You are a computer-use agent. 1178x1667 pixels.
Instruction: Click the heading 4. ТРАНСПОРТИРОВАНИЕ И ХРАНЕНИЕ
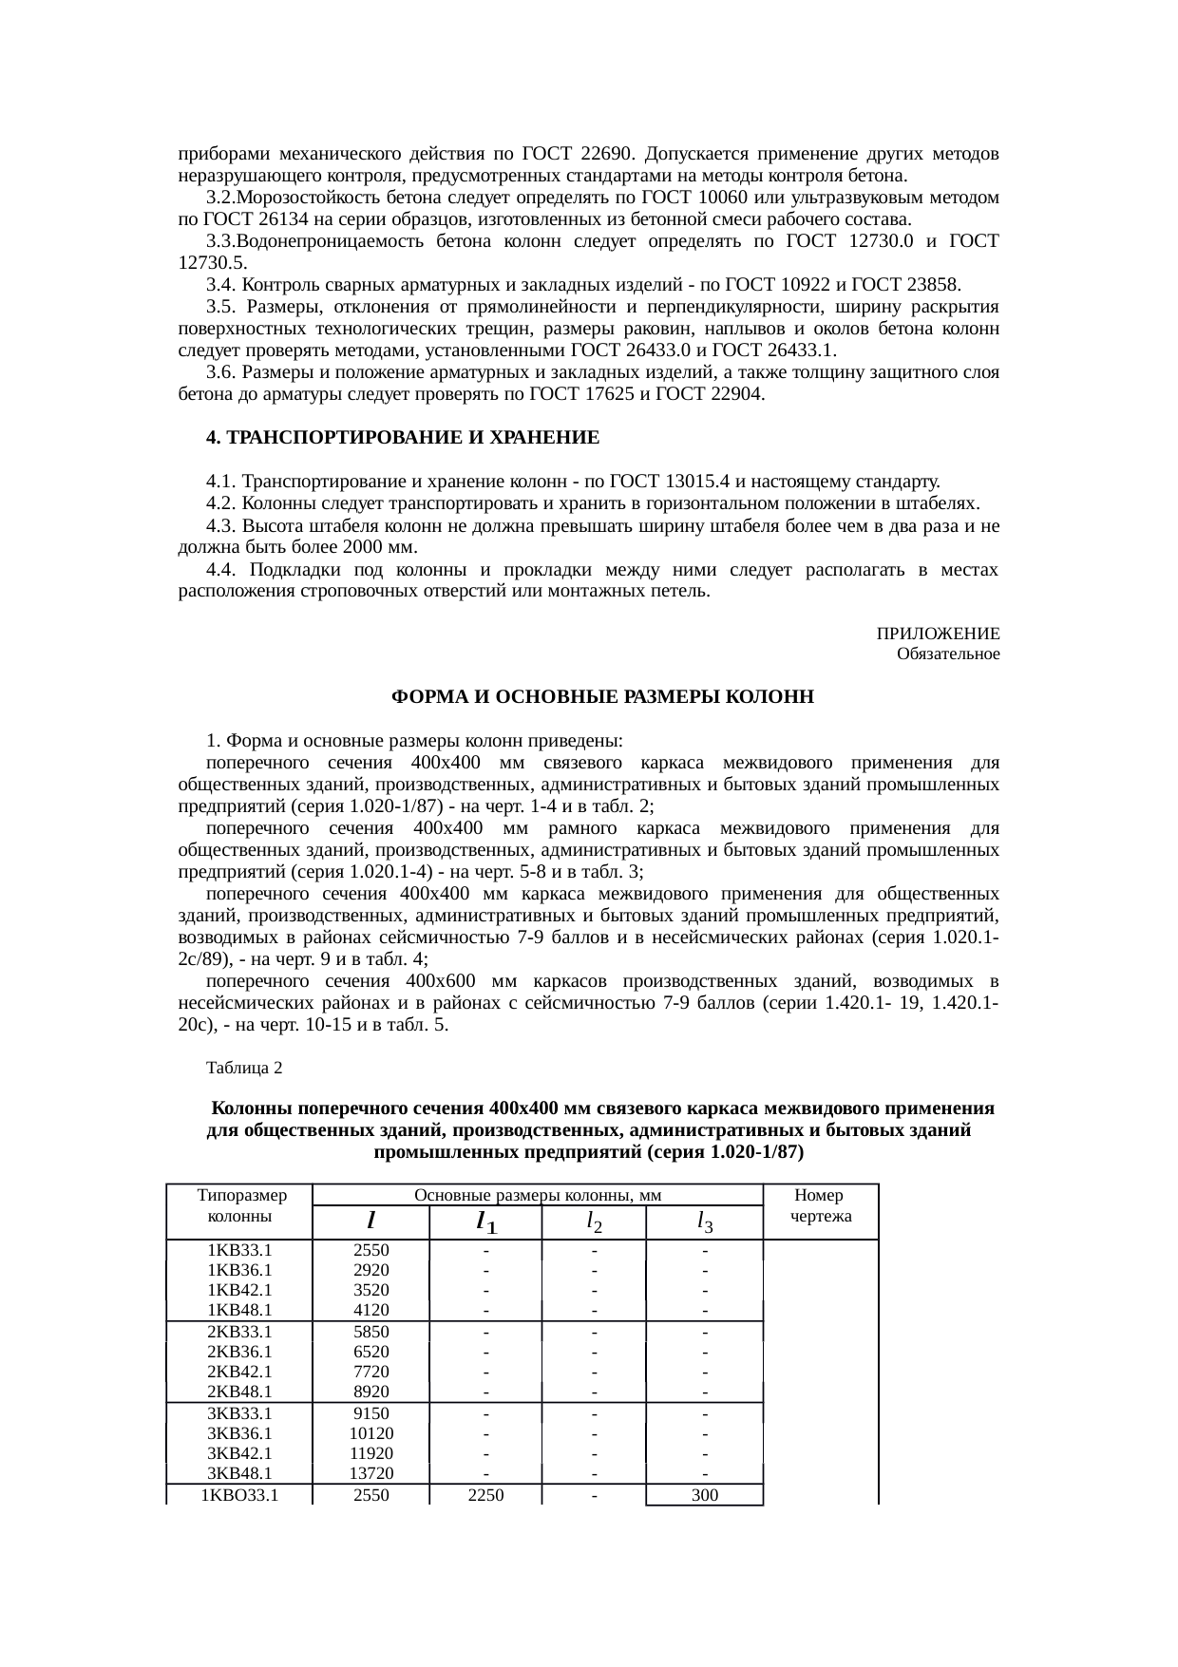(x=403, y=438)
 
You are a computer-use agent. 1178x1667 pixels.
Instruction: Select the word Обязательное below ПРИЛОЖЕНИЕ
(x=947, y=654)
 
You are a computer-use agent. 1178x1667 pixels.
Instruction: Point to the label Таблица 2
(x=244, y=1068)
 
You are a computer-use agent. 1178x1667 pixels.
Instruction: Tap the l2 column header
(x=593, y=1221)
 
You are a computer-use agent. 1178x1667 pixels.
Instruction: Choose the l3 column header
(x=704, y=1221)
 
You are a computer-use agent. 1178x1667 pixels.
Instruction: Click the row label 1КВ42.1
(x=239, y=1290)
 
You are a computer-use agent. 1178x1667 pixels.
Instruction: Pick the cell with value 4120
(x=370, y=1310)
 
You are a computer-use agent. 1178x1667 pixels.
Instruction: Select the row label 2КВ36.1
(x=239, y=1352)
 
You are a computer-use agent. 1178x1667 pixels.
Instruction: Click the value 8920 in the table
(x=370, y=1392)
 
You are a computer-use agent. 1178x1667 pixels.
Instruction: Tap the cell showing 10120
(x=371, y=1433)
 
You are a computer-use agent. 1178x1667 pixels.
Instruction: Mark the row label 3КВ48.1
(x=239, y=1474)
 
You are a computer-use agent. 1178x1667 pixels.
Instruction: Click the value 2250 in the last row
(x=484, y=1495)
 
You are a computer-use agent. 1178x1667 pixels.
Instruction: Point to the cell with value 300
(x=704, y=1495)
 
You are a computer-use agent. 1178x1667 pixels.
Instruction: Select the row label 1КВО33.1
(x=239, y=1495)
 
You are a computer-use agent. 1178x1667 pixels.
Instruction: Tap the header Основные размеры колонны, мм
(x=539, y=1195)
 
